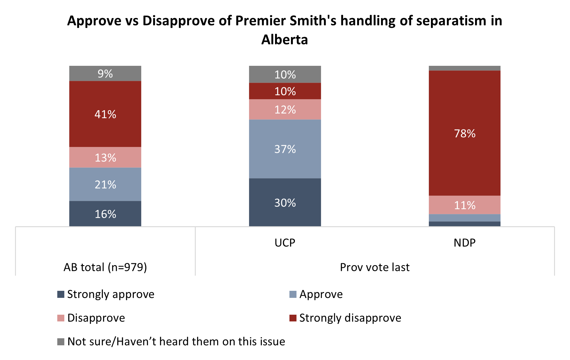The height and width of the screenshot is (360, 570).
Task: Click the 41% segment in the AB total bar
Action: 105,114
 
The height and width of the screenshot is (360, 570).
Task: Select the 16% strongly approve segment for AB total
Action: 105,214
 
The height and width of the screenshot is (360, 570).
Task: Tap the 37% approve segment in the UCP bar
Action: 285,149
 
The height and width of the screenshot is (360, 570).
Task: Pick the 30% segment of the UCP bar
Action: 285,202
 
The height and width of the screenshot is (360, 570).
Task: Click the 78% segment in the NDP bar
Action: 464,133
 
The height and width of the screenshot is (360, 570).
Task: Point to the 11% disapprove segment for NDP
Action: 464,205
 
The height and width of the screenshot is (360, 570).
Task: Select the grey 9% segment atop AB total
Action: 105,73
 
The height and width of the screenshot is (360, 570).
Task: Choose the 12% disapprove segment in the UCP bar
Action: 285,109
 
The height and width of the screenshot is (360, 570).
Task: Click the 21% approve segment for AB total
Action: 105,184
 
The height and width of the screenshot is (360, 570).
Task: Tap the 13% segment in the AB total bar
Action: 105,157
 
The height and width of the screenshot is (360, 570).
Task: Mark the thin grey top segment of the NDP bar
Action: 464,68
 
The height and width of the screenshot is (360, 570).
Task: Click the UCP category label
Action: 285,243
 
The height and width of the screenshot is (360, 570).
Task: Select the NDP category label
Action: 464,243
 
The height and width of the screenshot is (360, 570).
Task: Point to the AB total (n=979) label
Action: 105,267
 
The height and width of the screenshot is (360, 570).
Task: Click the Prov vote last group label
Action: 375,267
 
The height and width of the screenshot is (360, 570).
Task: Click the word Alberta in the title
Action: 285,40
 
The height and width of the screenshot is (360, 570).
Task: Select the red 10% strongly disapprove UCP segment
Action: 285,91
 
